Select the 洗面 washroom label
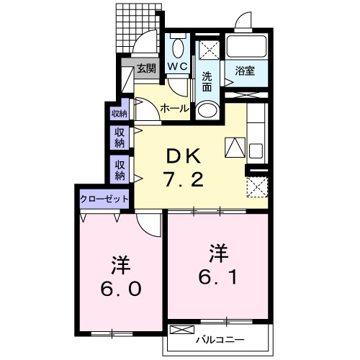pos(207,81)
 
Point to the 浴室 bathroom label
pos(245,71)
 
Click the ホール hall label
pos(174,109)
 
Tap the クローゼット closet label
pos(104,198)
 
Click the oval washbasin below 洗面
pos(207,111)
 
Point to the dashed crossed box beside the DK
pos(256,186)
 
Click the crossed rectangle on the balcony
pos(183,330)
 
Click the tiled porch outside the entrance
pos(137,25)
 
